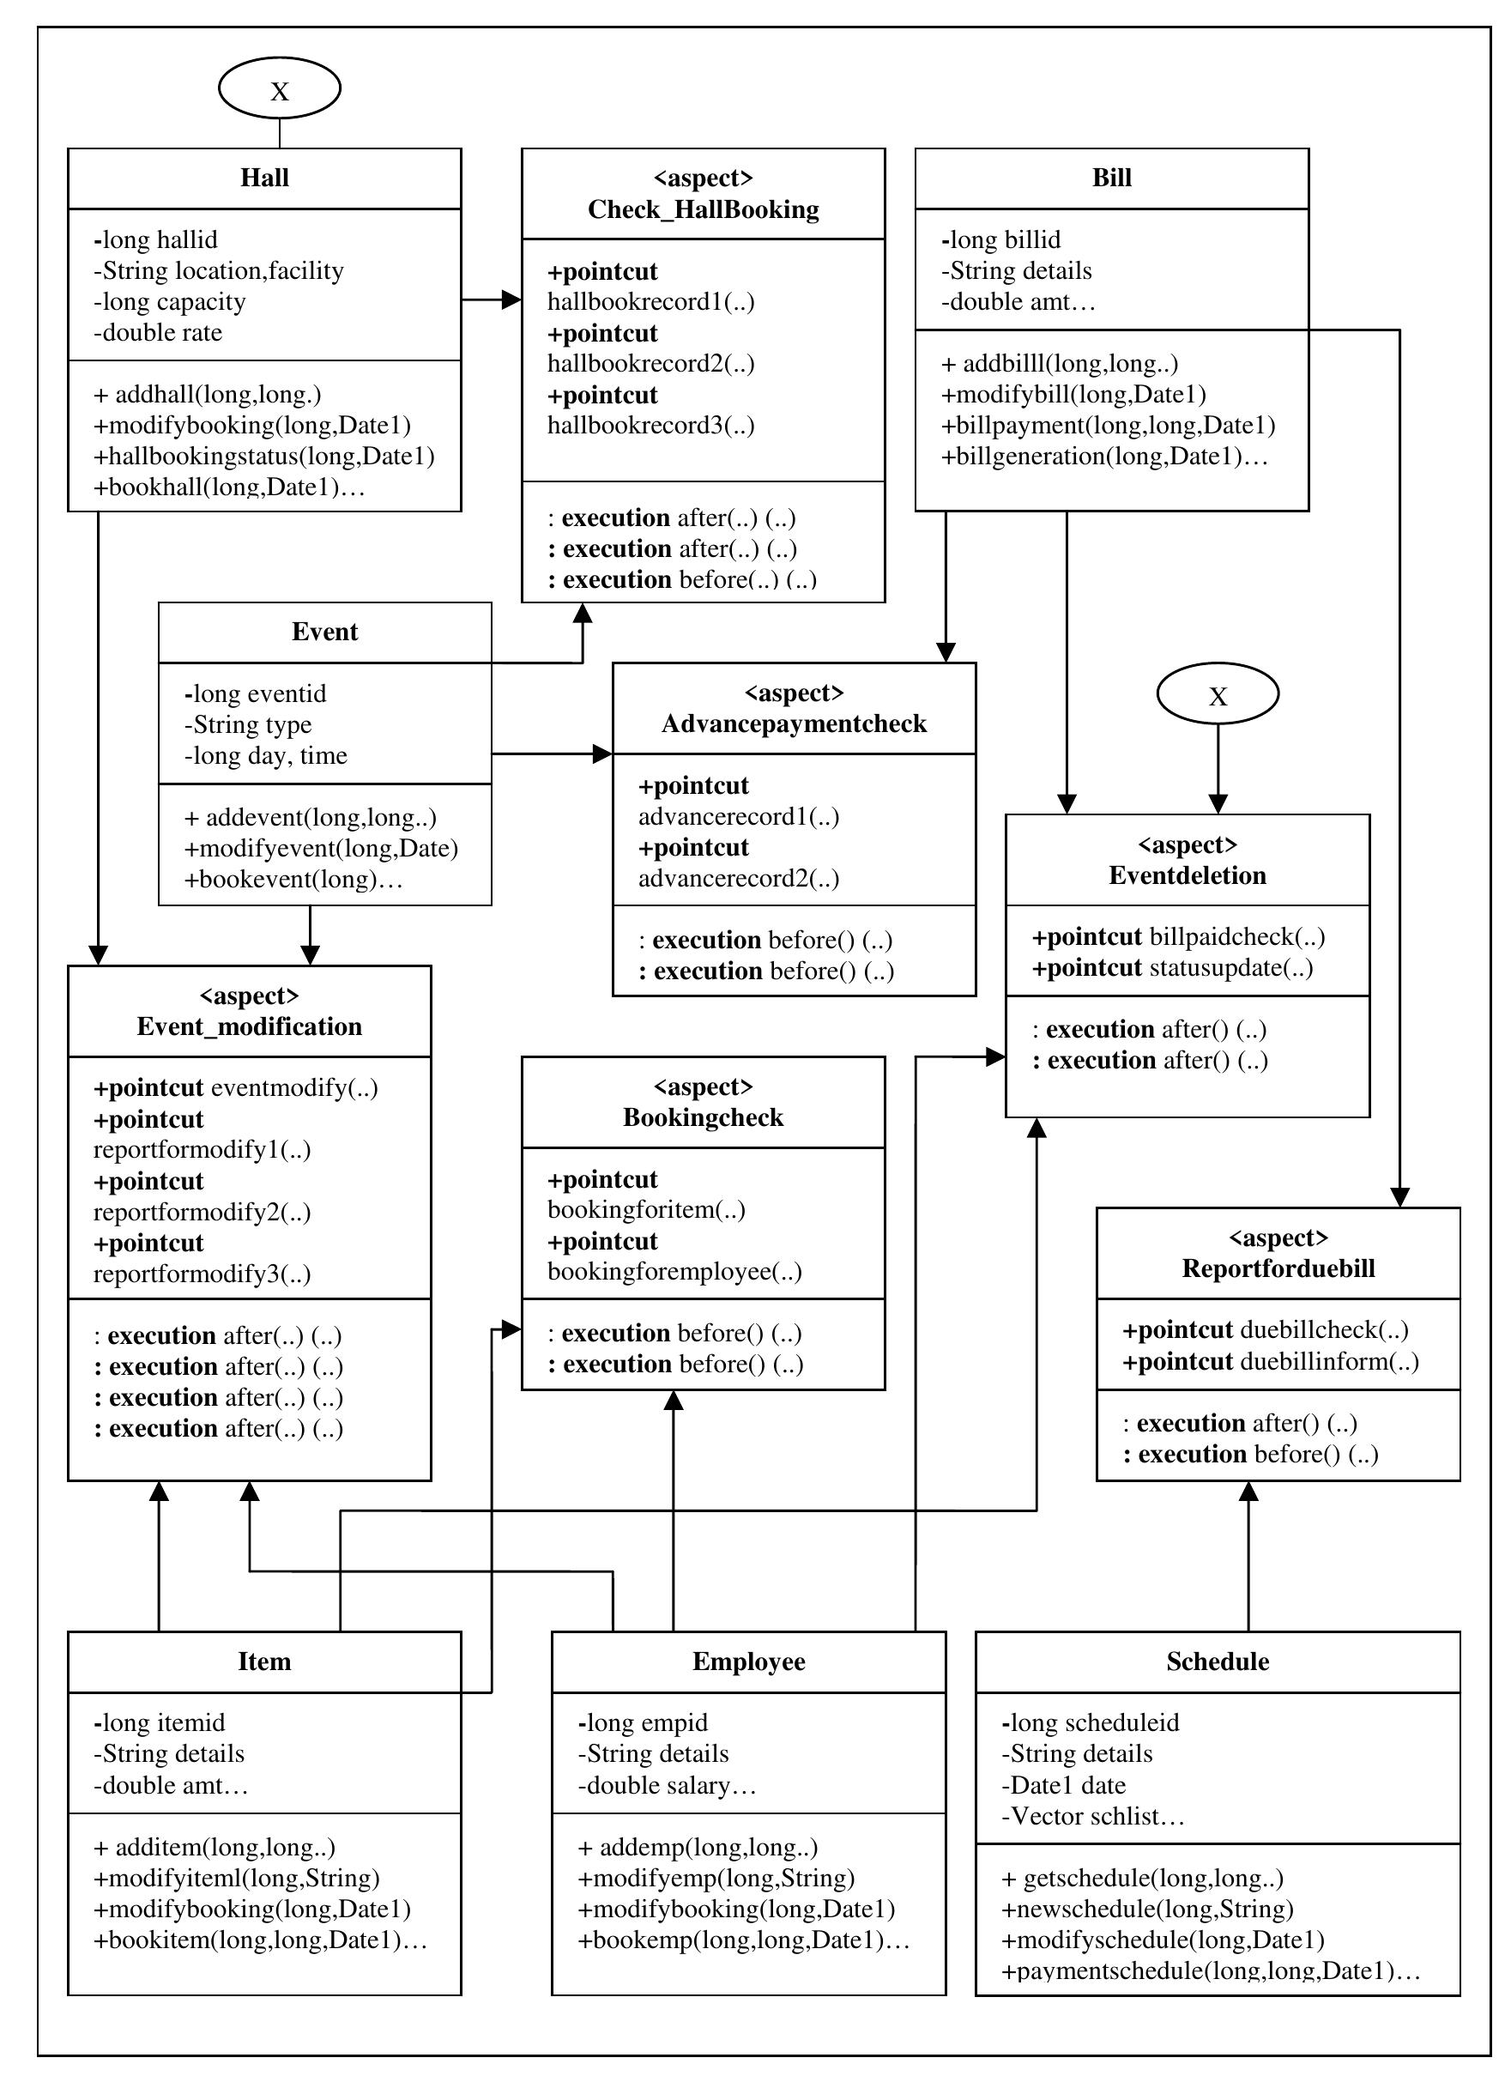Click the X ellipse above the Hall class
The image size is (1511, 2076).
(x=279, y=88)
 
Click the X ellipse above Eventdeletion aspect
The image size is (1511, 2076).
(x=1218, y=695)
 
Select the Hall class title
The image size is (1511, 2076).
(x=264, y=178)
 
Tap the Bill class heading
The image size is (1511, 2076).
(x=1111, y=178)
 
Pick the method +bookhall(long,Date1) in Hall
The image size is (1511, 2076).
(x=229, y=487)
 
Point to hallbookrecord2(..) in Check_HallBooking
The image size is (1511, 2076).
(x=650, y=363)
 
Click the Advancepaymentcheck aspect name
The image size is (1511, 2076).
(x=794, y=724)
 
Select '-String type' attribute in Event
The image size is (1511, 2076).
(x=248, y=725)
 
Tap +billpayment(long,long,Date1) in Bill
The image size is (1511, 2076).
(x=1108, y=426)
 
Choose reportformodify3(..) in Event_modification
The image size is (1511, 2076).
(x=202, y=1274)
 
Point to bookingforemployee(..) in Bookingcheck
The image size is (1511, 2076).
(x=674, y=1271)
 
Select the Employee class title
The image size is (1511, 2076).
(x=749, y=1662)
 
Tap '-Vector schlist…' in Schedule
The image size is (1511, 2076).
(x=1093, y=1817)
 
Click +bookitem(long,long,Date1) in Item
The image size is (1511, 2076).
(x=260, y=1940)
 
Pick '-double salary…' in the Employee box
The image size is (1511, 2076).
(x=668, y=1786)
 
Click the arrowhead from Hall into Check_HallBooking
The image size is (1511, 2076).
(x=511, y=300)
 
